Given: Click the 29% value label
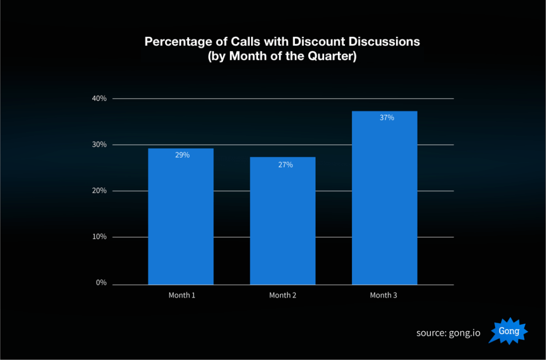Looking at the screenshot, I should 182,155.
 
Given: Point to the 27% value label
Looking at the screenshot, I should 285,165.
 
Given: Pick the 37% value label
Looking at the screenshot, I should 387,118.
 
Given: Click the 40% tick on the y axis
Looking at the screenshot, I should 100,99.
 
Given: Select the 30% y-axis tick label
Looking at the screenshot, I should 100,145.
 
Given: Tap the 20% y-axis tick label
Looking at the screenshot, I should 100,191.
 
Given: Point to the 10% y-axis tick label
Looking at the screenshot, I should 100,237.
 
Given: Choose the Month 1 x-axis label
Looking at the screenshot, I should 182,295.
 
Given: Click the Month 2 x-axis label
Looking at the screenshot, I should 284,295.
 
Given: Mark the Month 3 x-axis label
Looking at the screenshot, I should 384,295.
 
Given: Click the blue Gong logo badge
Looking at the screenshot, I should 509,332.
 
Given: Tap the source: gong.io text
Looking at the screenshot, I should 448,333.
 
